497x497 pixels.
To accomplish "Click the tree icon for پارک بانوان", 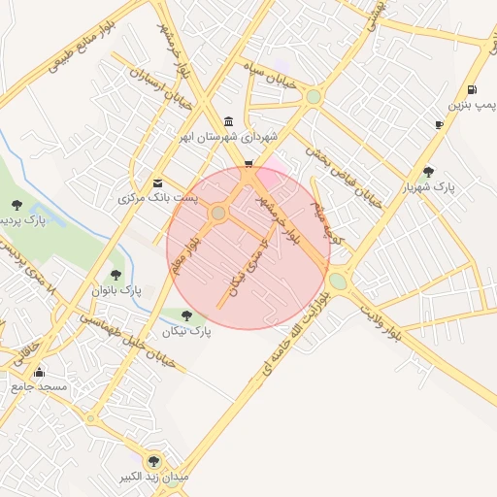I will [x=116, y=276].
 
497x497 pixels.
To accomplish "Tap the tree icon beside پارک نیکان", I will [x=187, y=315].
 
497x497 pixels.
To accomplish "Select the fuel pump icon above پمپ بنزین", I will [x=471, y=89].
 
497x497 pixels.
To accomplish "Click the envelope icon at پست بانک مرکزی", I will [x=158, y=182].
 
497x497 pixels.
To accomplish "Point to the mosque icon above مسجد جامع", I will [x=39, y=372].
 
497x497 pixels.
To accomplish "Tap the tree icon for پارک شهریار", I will [x=428, y=172].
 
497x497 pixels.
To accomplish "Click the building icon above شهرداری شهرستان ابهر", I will [x=228, y=121].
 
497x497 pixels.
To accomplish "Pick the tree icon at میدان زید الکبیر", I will [x=151, y=461].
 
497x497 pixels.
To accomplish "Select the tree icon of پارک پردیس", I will [x=17, y=203].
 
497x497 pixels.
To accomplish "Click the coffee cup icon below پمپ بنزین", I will [x=440, y=124].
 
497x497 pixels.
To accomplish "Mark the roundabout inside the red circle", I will [x=218, y=213].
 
